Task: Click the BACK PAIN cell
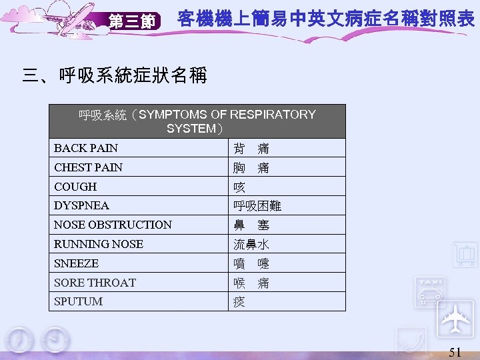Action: tap(86, 148)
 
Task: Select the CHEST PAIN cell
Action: tap(89, 167)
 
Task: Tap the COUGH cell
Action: tap(75, 187)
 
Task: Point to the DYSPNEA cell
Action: tap(81, 205)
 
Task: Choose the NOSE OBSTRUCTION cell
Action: tap(113, 225)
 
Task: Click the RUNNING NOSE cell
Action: tap(99, 244)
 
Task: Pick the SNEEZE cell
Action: tap(76, 263)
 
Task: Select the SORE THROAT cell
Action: tap(95, 283)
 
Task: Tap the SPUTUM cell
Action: tap(78, 301)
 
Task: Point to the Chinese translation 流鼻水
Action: tap(251, 245)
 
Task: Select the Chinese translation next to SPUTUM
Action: tap(239, 302)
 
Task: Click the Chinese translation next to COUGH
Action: tap(239, 187)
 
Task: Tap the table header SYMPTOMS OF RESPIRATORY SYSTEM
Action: tap(197, 121)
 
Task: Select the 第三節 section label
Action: tap(133, 22)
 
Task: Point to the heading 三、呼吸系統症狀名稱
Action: tap(115, 75)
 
